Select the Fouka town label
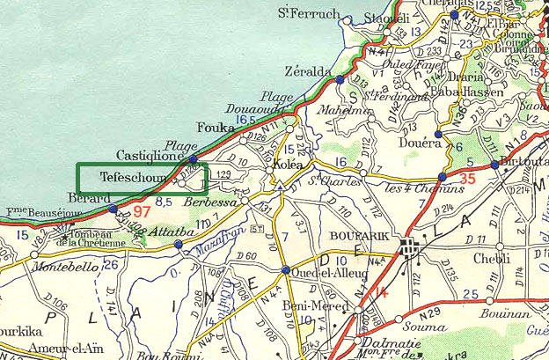(x=216, y=126)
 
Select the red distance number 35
(x=467, y=180)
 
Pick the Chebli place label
(x=491, y=258)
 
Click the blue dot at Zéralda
(x=340, y=80)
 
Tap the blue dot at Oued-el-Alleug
(x=286, y=270)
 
